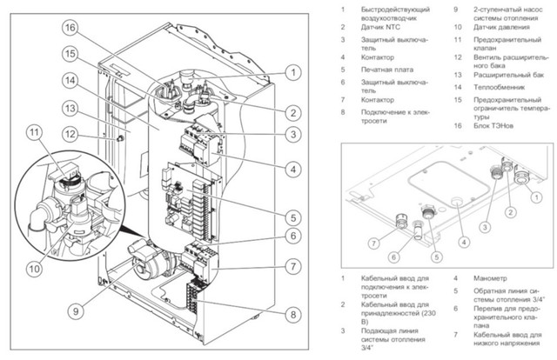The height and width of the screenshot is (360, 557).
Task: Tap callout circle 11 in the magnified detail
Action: tap(34, 133)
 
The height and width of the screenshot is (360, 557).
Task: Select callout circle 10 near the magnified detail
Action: tap(33, 270)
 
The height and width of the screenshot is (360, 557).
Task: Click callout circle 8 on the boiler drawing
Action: tap(292, 314)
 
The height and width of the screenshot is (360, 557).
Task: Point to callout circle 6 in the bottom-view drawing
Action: tap(394, 255)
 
